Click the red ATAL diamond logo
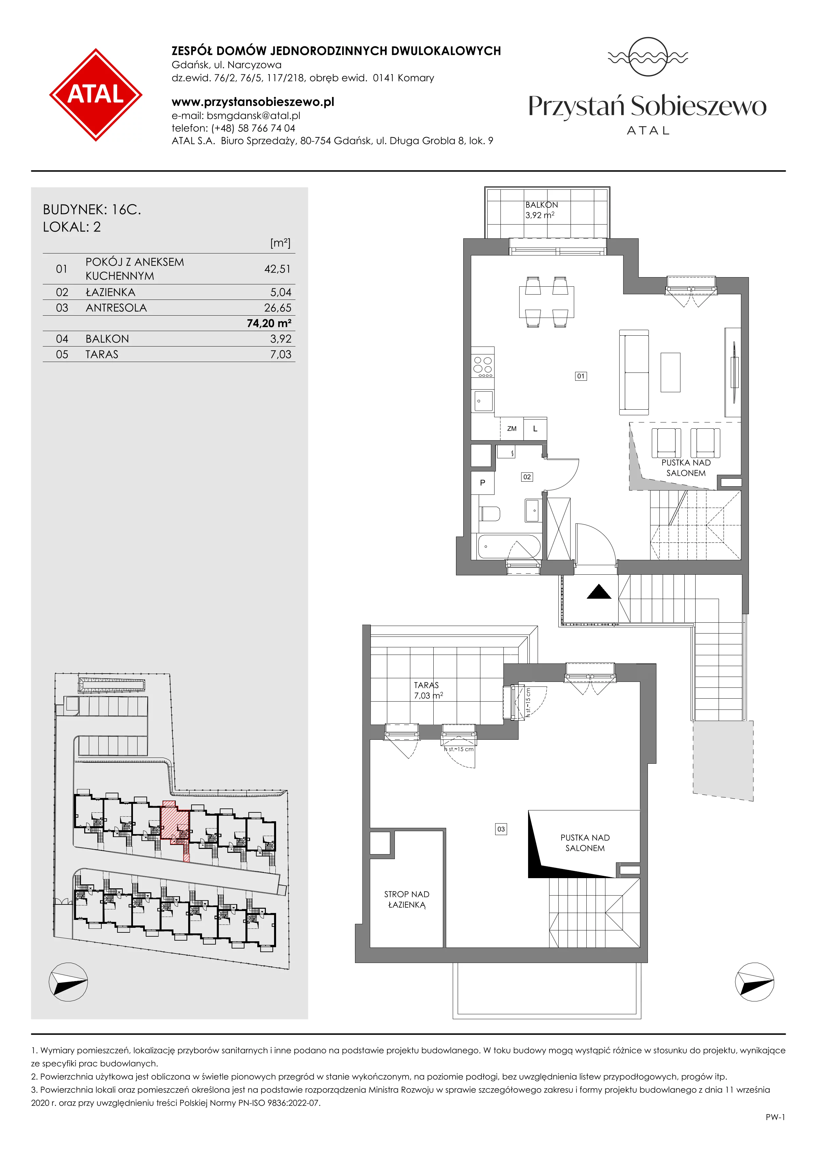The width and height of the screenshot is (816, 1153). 95,94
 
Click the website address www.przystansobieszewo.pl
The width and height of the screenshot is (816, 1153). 253,102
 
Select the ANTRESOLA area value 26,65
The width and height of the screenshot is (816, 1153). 278,308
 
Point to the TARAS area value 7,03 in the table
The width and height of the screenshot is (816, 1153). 281,354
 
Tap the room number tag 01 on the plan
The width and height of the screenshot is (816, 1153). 581,376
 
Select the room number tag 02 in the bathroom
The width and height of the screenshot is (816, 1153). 526,477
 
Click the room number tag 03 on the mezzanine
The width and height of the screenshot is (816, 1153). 501,829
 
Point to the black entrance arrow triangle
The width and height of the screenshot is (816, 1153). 599,592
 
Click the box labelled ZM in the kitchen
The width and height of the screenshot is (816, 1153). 512,429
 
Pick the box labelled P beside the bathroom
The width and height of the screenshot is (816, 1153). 483,483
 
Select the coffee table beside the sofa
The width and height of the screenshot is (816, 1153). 670,372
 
